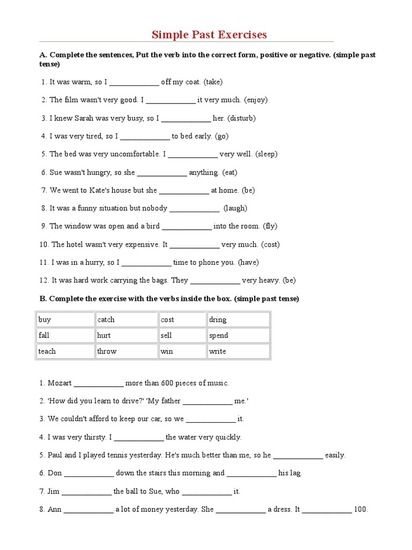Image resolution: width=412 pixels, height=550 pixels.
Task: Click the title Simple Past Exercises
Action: pos(209,35)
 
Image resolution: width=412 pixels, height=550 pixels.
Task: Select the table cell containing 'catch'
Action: pos(127,320)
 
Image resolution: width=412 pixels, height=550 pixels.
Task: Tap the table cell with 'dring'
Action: pos(238,320)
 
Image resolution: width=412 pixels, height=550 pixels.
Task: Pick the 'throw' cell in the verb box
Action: pos(127,351)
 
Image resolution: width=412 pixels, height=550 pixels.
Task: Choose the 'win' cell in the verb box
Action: pos(182,351)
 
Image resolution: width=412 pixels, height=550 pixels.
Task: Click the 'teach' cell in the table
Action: pos(65,351)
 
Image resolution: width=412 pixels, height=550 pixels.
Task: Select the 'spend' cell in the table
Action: pos(238,336)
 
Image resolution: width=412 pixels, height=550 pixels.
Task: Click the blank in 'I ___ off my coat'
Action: pos(134,83)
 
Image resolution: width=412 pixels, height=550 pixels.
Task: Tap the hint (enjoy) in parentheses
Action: pos(256,100)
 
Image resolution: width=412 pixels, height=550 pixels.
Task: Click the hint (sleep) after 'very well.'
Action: pos(266,154)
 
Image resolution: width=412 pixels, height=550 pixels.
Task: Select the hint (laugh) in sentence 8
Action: pos(235,208)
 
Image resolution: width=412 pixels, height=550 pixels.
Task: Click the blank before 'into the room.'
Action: pos(187,227)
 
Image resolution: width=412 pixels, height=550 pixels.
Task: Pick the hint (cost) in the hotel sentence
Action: pos(270,244)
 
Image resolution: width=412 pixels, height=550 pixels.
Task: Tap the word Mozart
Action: pos(60,383)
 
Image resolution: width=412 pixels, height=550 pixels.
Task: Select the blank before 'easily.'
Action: pos(298,455)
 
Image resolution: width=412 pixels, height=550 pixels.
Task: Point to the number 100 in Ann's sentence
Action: pos(360,510)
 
